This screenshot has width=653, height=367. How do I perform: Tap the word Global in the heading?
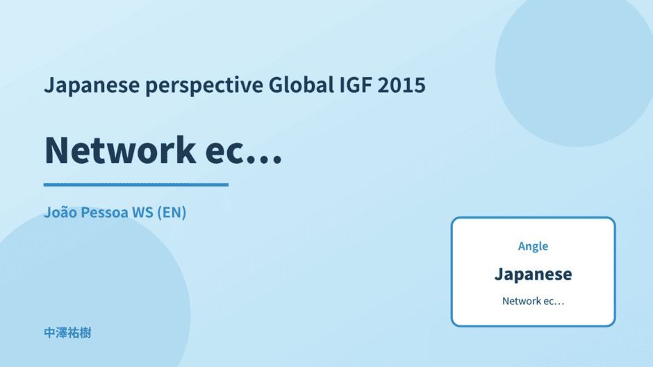point(301,85)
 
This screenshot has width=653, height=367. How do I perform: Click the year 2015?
point(402,85)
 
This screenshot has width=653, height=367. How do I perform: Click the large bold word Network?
point(120,151)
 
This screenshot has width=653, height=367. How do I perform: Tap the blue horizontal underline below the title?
point(135,185)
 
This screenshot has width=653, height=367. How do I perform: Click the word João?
point(60,212)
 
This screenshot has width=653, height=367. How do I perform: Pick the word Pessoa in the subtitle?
point(104,212)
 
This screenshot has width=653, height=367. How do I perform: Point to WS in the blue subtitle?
point(142,212)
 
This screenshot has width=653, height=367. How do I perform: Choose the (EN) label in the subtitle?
point(172,212)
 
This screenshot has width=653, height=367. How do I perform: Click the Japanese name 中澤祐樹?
point(67,333)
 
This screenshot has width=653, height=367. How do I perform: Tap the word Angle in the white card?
point(533,246)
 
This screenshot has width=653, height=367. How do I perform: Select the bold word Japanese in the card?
point(533,274)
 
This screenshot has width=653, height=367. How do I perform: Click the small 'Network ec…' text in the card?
point(533,301)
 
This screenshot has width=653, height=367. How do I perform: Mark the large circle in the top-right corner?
point(575,67)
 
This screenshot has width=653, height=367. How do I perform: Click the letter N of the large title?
point(56,151)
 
